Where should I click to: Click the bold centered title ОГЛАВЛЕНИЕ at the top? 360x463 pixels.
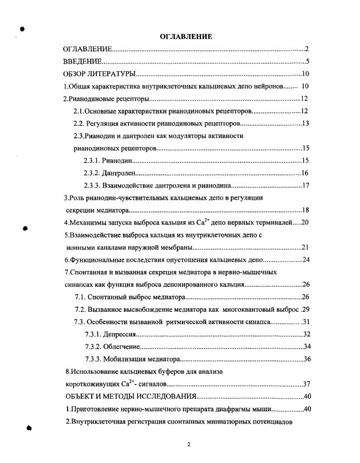(x=187, y=37)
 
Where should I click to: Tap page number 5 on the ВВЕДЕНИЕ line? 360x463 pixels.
(x=307, y=62)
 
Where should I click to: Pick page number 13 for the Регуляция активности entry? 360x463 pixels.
(x=305, y=123)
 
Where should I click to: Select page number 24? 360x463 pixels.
(x=305, y=260)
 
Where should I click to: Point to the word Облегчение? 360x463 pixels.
(x=121, y=347)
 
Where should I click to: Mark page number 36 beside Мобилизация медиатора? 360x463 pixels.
(x=306, y=360)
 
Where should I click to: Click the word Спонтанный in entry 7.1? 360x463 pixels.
(x=103, y=297)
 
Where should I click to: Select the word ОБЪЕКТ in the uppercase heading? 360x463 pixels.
(x=79, y=396)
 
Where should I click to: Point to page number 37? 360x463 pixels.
(x=306, y=384)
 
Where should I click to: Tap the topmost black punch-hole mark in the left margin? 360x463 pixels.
(x=22, y=29)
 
